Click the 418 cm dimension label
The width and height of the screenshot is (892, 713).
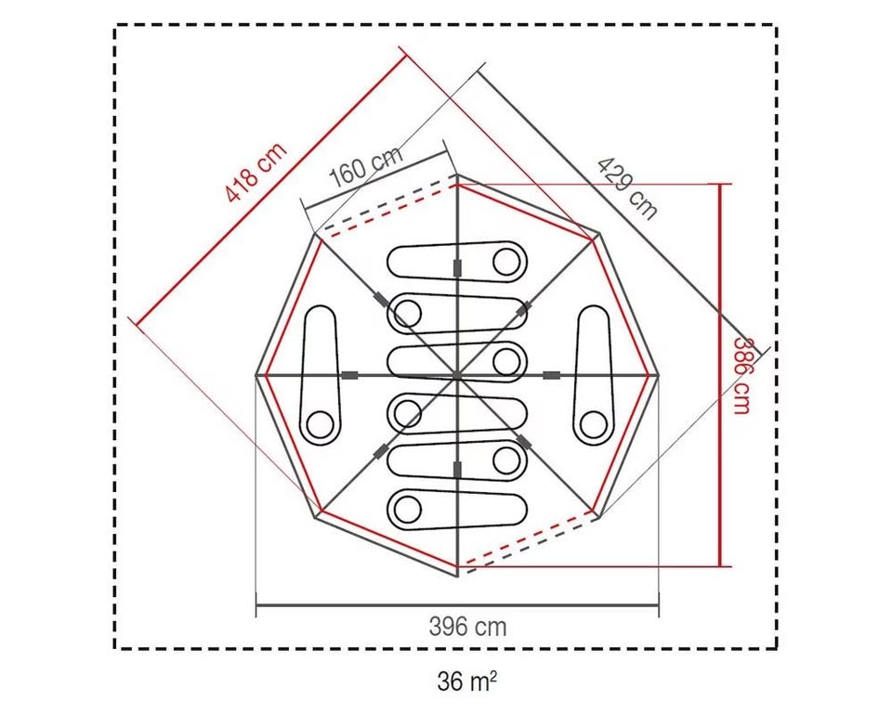(256, 173)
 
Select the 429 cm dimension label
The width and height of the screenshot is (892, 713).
(627, 188)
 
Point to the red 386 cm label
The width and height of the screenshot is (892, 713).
(741, 376)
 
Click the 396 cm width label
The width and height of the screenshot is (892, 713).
(467, 628)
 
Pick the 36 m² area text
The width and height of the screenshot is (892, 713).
(466, 681)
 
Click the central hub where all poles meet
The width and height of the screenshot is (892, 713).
(457, 375)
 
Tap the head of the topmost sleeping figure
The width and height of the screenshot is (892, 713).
(506, 262)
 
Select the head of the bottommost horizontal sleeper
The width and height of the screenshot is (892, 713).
(407, 509)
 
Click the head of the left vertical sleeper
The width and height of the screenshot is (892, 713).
(321, 424)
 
